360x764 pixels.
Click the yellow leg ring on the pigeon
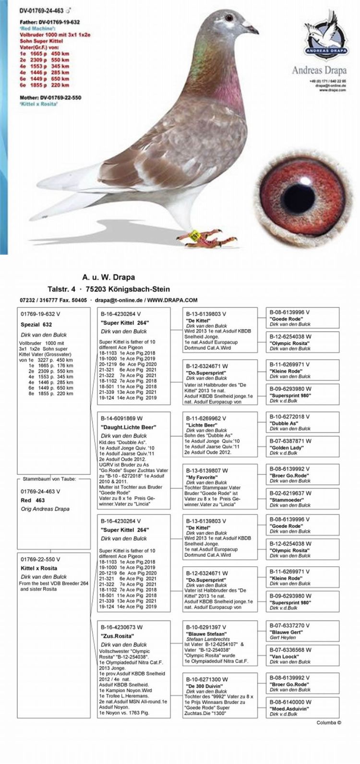click(195, 235)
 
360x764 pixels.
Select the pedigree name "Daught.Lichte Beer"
click(128, 427)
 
